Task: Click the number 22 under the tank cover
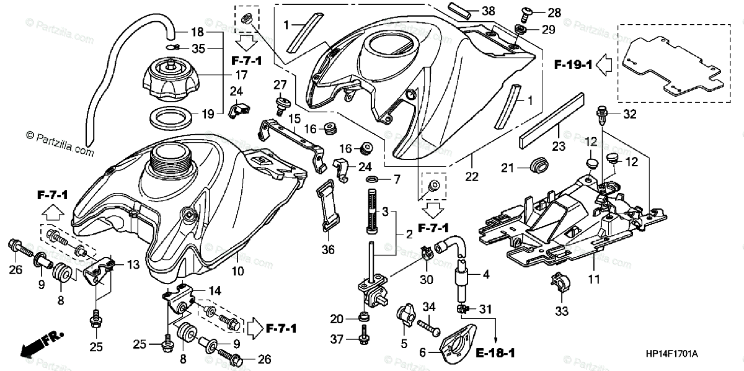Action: [472, 177]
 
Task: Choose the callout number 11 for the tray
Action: [595, 280]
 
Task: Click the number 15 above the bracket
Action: [294, 117]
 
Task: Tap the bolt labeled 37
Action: [361, 339]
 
